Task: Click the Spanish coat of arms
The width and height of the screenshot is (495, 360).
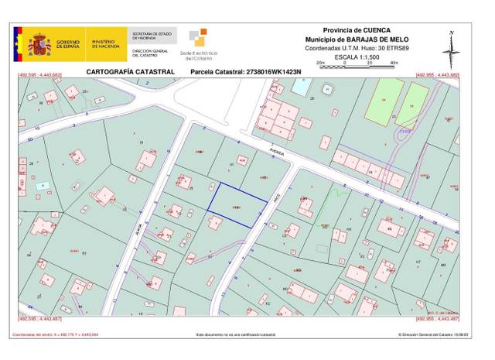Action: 39,45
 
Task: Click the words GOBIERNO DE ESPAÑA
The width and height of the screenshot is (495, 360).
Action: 67,45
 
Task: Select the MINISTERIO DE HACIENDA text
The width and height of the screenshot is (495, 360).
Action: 103,45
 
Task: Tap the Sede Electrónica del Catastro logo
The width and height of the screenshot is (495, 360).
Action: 199,44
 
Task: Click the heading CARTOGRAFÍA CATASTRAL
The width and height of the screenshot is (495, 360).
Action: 131,72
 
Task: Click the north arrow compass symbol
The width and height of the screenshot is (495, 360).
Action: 452,48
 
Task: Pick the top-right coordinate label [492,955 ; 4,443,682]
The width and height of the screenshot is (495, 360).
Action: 439,75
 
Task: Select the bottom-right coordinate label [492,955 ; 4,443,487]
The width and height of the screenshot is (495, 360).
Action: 439,318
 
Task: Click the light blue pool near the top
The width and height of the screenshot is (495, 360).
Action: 298,84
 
